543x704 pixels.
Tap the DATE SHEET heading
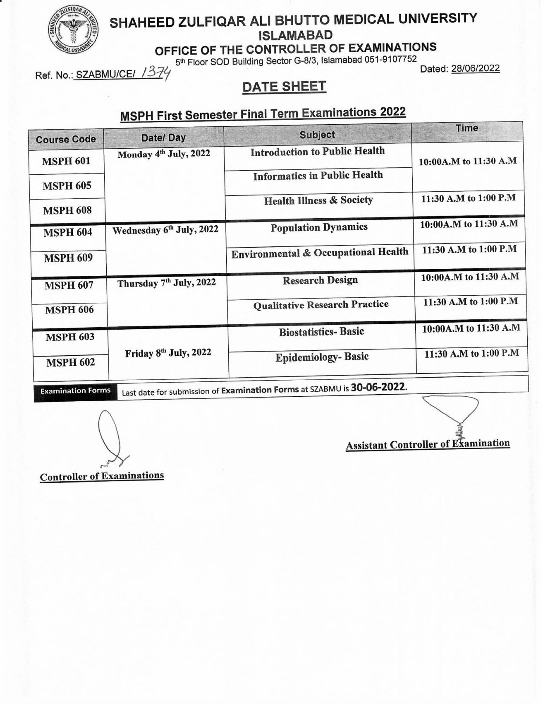point(284,87)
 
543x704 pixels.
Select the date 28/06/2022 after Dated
point(475,68)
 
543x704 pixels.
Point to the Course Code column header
point(66,139)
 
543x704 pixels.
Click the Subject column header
point(317,135)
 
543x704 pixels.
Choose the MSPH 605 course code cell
point(67,186)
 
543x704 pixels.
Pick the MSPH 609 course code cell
point(68,258)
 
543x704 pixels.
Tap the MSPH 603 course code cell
point(70,337)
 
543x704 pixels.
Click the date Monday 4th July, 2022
point(164,154)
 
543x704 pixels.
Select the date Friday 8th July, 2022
point(168,353)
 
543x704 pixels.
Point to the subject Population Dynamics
point(319,227)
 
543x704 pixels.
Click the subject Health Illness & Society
point(318,200)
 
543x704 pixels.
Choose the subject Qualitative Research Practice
point(321,305)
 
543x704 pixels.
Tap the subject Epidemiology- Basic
point(322,357)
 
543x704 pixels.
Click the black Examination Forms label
point(75,391)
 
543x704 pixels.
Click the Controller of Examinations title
point(102,476)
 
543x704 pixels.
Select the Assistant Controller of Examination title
point(428,444)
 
